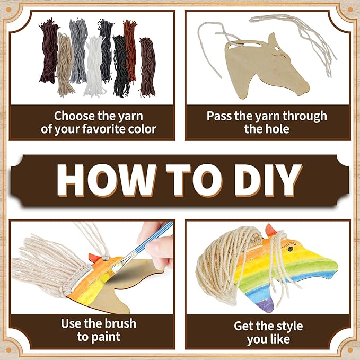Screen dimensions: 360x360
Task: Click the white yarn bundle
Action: tap(95, 67)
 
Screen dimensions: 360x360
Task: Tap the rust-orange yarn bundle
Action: tap(130, 50)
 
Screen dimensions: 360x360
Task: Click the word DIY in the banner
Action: tap(267, 180)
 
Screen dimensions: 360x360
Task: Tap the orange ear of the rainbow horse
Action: tap(271, 230)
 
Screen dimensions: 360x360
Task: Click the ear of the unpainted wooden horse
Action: tap(273, 39)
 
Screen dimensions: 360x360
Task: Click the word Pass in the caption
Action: tap(219, 116)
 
